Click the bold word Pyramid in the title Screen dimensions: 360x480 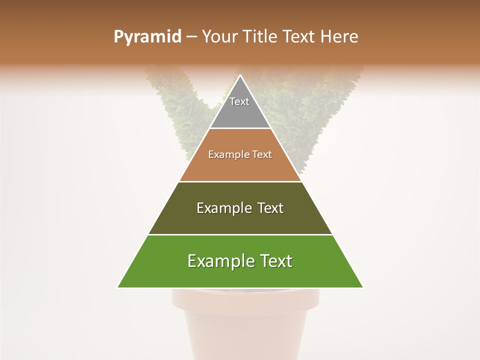(147, 36)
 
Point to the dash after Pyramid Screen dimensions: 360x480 (191, 37)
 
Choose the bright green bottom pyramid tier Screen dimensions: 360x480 (240, 275)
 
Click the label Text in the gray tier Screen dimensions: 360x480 (239, 101)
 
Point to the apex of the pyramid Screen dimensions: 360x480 (240, 76)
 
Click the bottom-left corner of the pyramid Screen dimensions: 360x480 (118, 287)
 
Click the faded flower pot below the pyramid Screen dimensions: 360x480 (245, 325)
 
